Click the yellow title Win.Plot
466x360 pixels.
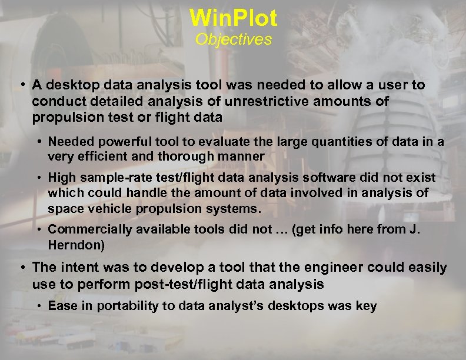(x=233, y=18)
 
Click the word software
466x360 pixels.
(x=306, y=178)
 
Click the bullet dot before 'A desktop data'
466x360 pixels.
(x=21, y=86)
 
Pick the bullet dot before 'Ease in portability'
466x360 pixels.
(x=39, y=306)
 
